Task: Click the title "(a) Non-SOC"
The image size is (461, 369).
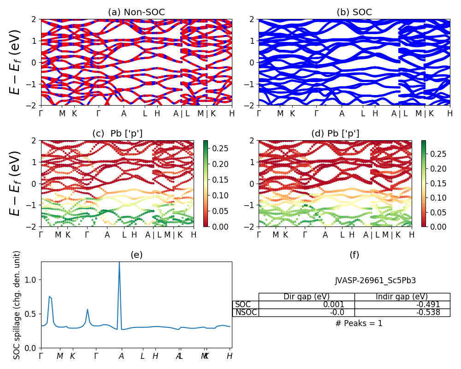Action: (136, 12)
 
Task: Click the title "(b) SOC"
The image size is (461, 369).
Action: (354, 12)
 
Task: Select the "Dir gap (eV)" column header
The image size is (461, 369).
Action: (306, 297)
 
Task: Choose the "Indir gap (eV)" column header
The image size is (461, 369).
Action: (402, 297)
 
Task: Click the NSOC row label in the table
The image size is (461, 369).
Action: (246, 312)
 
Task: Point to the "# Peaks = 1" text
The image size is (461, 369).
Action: (359, 323)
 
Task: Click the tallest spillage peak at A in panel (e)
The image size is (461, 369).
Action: (119, 263)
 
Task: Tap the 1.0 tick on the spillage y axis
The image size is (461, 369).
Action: (32, 280)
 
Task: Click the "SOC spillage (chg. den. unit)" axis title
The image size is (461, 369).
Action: (17, 305)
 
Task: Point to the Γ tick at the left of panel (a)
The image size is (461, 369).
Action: (41, 113)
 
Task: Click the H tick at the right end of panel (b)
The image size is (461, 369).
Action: (449, 113)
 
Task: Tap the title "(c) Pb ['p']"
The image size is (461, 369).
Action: (117, 134)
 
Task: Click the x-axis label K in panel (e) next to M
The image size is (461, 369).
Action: (72, 356)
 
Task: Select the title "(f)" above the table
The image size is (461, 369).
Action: (354, 255)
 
